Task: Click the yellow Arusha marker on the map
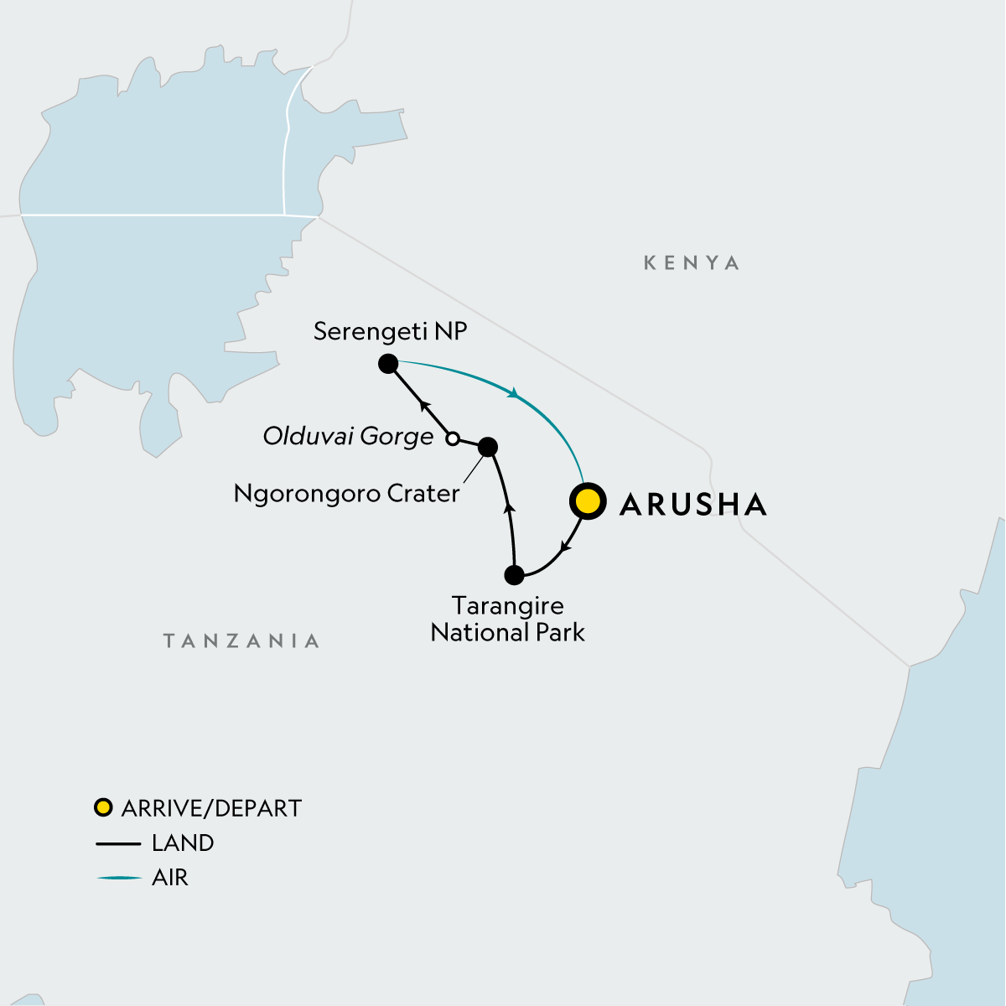[588, 501]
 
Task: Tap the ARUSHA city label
[692, 504]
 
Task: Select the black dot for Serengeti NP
[388, 364]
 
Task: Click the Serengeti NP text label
[390, 331]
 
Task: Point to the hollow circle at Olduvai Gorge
[452, 438]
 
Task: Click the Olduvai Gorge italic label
[348, 436]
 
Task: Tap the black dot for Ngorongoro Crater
[487, 447]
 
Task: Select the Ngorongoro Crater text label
[346, 493]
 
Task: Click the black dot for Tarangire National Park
[515, 575]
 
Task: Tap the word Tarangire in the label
[507, 605]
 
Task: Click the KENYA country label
[692, 263]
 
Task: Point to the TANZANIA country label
[241, 641]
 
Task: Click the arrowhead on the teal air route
[513, 392]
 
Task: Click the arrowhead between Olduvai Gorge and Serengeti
[423, 402]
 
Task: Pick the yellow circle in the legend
[103, 808]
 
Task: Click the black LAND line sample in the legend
[118, 843]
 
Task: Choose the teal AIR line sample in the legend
[118, 878]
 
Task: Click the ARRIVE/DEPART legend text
[211, 808]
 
